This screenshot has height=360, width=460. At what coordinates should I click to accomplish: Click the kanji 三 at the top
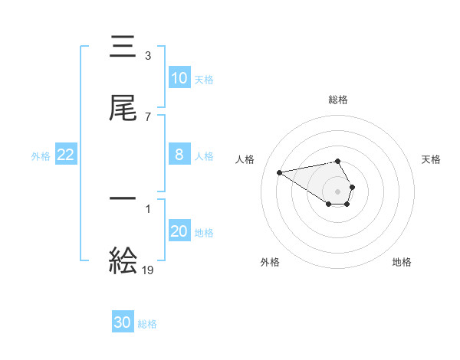click(x=123, y=47)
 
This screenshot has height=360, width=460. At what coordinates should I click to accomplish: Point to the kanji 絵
click(x=123, y=260)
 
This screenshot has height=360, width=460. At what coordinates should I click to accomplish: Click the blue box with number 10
click(x=179, y=78)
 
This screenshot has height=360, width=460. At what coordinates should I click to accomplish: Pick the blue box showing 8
click(x=179, y=155)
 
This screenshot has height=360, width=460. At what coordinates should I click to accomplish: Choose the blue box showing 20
click(x=179, y=231)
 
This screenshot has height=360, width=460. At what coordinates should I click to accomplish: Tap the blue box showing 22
click(x=66, y=155)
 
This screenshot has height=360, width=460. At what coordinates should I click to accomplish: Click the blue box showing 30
click(x=123, y=322)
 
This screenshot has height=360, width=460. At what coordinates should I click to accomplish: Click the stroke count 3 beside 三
click(x=147, y=56)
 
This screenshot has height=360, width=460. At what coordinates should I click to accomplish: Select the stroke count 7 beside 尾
click(x=147, y=116)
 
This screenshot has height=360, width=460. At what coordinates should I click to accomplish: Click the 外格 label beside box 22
click(x=41, y=155)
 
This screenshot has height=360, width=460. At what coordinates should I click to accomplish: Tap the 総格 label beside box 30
click(x=147, y=323)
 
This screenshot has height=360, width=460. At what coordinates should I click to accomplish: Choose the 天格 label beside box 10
click(x=203, y=79)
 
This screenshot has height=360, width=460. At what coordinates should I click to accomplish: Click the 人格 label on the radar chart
click(x=247, y=159)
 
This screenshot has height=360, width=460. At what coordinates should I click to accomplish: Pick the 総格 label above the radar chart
click(x=338, y=100)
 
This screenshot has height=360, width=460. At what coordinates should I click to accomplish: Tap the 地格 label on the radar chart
click(x=402, y=262)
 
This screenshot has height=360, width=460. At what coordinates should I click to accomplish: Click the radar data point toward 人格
click(x=280, y=172)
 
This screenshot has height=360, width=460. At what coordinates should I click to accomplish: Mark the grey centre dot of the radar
click(x=338, y=191)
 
